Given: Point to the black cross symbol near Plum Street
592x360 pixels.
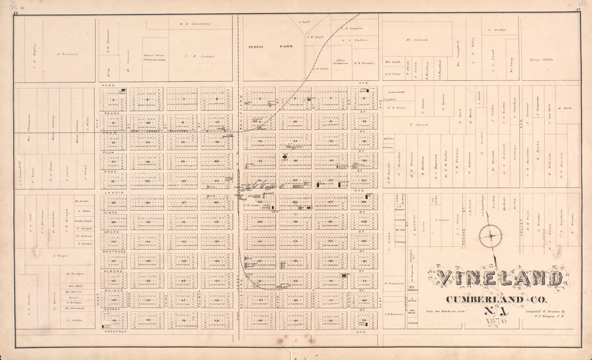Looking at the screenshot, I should [x=284, y=157].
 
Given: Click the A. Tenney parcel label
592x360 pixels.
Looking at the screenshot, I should [x=67, y=54].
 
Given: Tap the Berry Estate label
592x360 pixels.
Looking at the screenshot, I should [x=541, y=60].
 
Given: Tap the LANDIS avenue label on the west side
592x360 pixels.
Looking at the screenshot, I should [x=110, y=192].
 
